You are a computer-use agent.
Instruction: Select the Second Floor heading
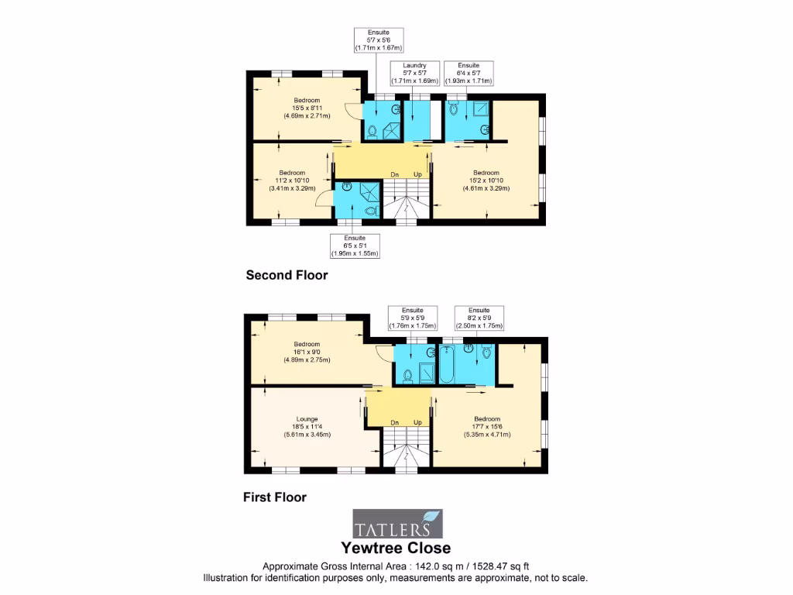(287, 275)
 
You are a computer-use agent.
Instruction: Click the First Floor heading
(275, 497)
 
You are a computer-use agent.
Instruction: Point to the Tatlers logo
(398, 524)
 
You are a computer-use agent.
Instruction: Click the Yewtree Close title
(396, 549)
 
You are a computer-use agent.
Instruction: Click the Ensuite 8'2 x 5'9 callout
(479, 318)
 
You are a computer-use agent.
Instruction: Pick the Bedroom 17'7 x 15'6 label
(487, 426)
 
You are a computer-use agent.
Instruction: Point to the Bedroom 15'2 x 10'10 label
(486, 180)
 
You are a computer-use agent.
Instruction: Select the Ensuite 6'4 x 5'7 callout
(468, 74)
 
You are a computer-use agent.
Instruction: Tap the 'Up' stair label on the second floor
(417, 174)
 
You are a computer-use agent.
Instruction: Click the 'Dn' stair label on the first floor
(394, 422)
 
